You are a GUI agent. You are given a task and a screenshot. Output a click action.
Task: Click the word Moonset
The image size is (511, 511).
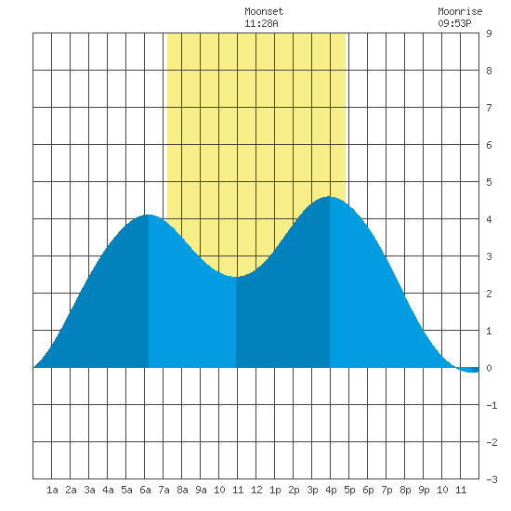click(x=264, y=11)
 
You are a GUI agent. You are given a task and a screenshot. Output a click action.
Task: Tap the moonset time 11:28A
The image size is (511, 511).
click(x=261, y=23)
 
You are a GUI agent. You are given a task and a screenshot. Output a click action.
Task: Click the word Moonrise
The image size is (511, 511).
click(x=460, y=11)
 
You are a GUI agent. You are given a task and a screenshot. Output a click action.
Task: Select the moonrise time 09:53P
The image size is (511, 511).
click(x=454, y=23)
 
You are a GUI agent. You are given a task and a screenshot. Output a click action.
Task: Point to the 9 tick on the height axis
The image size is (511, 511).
click(x=489, y=33)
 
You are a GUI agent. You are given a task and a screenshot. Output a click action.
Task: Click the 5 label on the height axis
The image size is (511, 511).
click(x=489, y=182)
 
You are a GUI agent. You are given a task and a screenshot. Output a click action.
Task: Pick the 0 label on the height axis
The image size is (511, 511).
click(x=489, y=368)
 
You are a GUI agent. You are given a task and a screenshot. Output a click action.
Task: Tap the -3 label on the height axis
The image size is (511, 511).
click(x=491, y=479)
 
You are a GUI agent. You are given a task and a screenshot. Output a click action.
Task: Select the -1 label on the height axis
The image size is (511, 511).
click(x=491, y=405)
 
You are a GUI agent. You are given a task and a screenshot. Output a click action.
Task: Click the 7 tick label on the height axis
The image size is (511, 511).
click(x=489, y=108)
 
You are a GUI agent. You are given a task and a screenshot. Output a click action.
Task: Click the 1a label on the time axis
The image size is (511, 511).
click(x=52, y=490)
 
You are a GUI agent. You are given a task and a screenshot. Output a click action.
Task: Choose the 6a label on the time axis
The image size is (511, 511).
click(x=145, y=490)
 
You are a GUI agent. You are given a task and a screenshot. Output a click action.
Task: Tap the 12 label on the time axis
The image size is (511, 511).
click(x=256, y=490)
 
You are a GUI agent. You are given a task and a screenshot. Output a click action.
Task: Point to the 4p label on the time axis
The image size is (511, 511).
click(x=331, y=490)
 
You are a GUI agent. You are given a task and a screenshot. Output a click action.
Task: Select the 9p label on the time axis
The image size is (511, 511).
click(x=424, y=490)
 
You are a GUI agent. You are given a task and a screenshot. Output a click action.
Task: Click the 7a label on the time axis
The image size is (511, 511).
click(x=164, y=490)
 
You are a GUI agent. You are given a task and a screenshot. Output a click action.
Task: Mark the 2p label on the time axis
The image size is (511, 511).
click(x=294, y=490)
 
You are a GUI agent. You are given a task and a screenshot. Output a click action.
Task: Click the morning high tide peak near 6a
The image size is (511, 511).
click(x=149, y=215)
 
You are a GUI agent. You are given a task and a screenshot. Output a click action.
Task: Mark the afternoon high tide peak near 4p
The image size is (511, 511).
click(x=330, y=197)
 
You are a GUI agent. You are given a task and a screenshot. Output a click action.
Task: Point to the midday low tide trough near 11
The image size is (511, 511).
click(x=236, y=277)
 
